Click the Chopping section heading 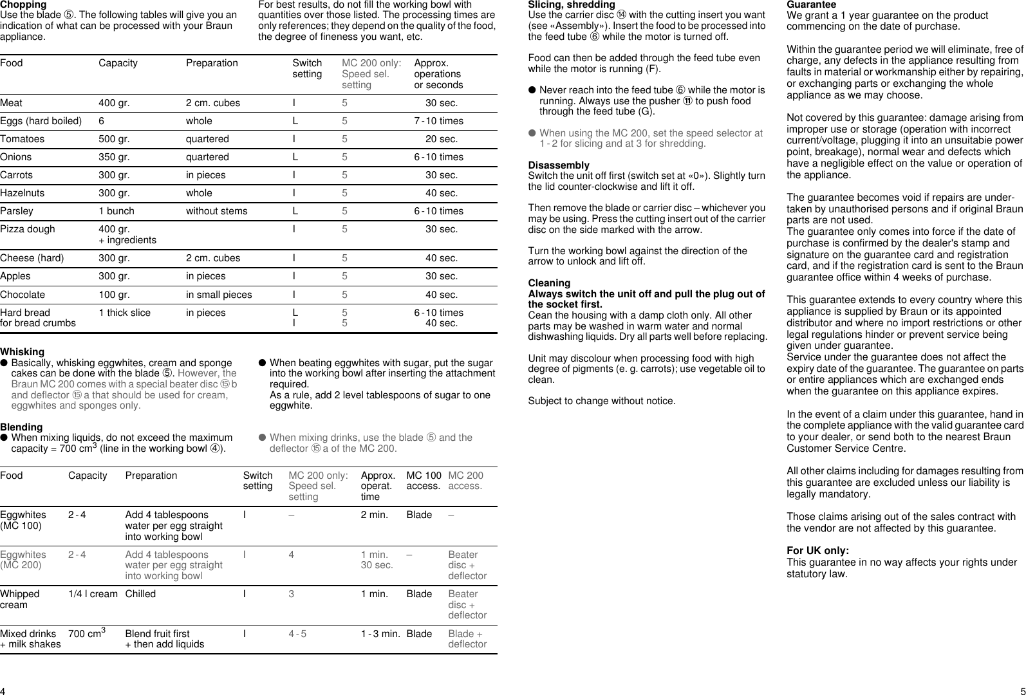[x=23, y=5]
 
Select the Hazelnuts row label [x=23, y=193]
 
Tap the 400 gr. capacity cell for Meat [x=114, y=103]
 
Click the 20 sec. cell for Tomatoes [x=442, y=139]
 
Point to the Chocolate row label [x=23, y=295]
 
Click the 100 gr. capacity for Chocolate [x=114, y=295]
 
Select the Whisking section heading [x=23, y=352]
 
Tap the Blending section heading [x=21, y=427]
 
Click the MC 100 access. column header [x=424, y=481]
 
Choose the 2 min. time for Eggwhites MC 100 [x=374, y=515]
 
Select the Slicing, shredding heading [x=572, y=5]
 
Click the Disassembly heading [x=559, y=165]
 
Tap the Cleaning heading [x=549, y=283]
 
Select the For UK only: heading [x=817, y=551]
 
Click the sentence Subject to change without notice [x=602, y=402]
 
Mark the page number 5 [x=1022, y=690]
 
